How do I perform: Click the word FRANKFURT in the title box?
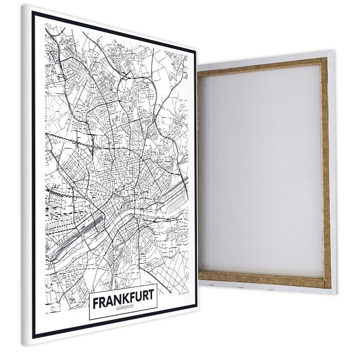tap(123, 299)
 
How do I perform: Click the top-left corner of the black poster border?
tap(33, 12)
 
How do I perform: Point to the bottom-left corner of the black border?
tap(34, 337)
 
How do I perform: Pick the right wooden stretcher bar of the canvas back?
tap(325, 170)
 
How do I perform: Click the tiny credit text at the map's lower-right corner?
tap(183, 293)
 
